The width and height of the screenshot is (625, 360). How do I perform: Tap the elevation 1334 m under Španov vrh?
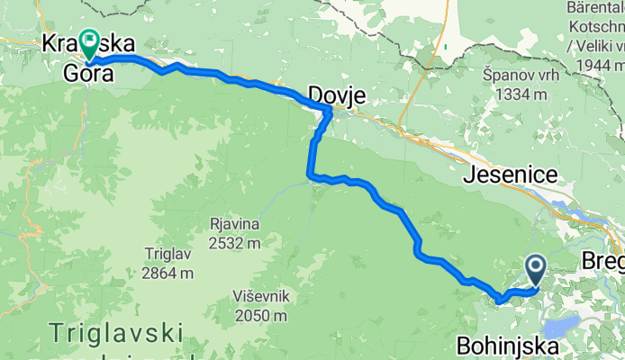point(519,94)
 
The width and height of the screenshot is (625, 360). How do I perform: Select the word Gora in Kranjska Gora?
point(89,75)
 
